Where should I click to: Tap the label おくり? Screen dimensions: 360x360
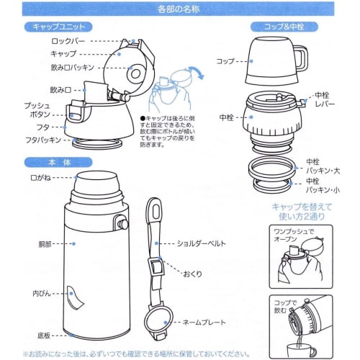[x=192, y=275]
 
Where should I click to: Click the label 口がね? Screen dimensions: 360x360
[x=38, y=176]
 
